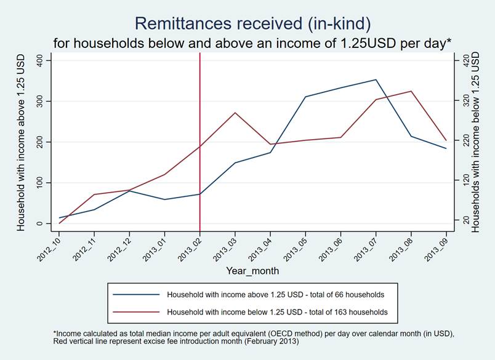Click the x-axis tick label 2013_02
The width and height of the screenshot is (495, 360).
pos(191,249)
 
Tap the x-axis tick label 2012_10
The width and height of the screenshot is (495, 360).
pos(50,249)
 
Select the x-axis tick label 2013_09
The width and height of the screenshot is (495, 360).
pos(438,249)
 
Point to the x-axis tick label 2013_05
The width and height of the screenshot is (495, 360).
pos(297,249)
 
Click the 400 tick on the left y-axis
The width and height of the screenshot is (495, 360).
pos(40,60)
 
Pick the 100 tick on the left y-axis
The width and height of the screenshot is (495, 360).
pos(40,183)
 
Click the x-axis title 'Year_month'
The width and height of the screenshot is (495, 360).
pos(252,271)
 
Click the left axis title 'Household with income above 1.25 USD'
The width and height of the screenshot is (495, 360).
pos(22,142)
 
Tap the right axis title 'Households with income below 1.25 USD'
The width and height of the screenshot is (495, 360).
pos(475,142)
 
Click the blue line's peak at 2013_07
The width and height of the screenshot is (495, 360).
pos(376,79)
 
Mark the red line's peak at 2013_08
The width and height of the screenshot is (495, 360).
pos(411,91)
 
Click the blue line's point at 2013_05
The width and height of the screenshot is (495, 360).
pos(305,97)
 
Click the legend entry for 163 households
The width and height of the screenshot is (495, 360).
pos(277,312)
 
